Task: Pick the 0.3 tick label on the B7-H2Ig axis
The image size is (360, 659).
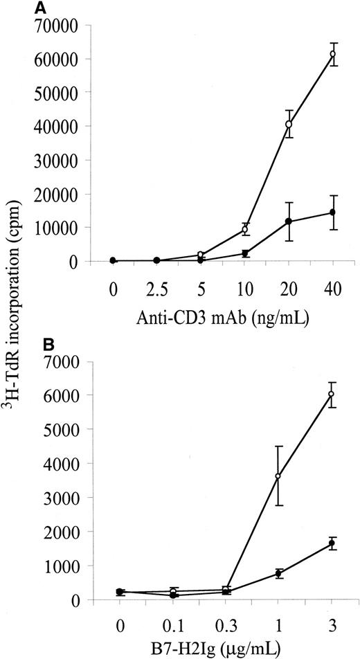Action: point(226,622)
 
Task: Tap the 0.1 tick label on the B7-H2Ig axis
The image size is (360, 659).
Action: point(173,622)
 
